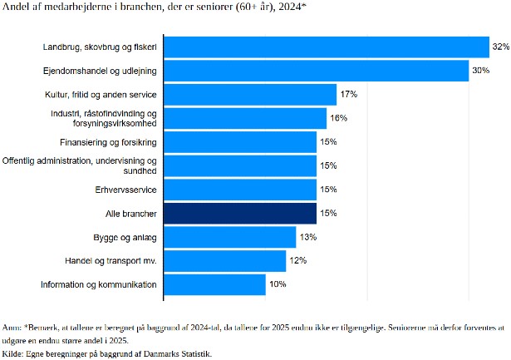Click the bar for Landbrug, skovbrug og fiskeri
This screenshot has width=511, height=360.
(327, 47)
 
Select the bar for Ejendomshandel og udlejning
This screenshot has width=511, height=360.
(317, 71)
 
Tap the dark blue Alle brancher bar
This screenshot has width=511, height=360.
(240, 214)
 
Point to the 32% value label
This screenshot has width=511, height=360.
(499, 47)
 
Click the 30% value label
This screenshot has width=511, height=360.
(480, 71)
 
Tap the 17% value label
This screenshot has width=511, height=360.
(347, 94)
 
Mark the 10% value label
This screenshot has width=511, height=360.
(277, 285)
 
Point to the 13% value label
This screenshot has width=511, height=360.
(307, 238)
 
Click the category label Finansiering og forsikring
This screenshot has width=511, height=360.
(108, 142)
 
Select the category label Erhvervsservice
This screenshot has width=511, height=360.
(126, 190)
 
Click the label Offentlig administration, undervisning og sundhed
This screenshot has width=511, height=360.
(80, 165)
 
